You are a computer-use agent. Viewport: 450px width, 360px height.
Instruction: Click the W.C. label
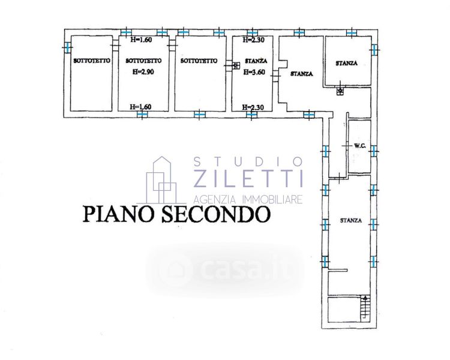tap(360, 145)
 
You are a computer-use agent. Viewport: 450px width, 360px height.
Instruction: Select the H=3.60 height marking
tap(254, 71)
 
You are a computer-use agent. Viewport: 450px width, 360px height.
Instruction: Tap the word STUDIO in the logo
tap(248, 161)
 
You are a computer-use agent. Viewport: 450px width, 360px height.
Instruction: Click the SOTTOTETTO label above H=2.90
tap(142, 61)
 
